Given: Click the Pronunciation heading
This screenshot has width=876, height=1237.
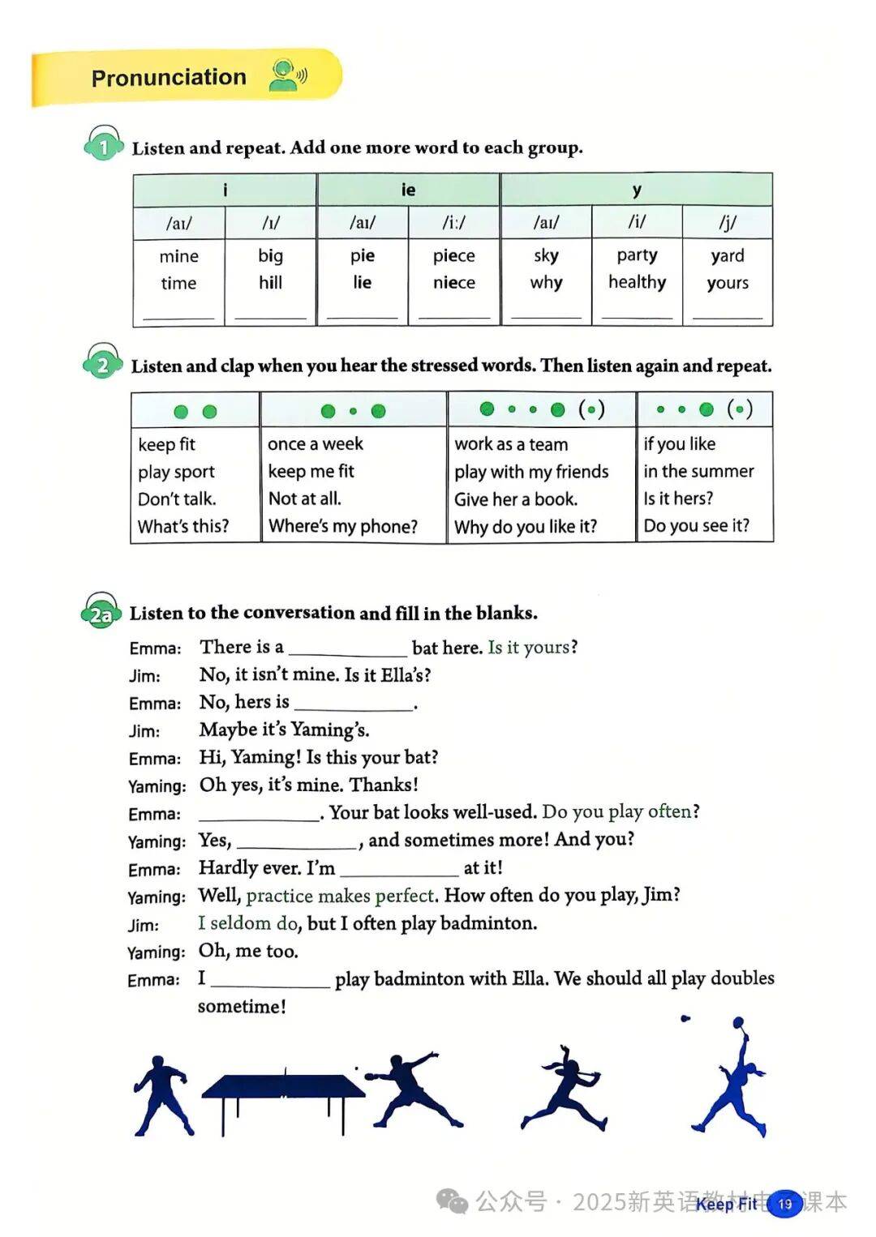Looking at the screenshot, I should click(169, 78).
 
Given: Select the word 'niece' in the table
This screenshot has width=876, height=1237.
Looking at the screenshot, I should click(454, 283).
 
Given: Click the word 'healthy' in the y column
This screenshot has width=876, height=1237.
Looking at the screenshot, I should click(637, 282).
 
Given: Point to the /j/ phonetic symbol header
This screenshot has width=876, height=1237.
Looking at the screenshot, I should click(728, 222).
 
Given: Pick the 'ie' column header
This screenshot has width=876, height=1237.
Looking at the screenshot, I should click(408, 190).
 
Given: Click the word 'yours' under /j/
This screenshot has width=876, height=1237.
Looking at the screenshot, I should click(728, 283).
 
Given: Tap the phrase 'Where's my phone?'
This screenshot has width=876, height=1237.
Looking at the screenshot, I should click(343, 526).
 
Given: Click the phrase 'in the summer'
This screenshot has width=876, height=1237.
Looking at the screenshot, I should click(698, 471).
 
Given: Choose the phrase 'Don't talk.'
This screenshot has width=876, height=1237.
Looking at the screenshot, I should click(177, 499).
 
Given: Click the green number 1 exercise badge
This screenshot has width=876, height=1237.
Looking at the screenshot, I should click(103, 147).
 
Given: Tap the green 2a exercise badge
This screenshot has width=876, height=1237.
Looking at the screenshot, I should click(101, 614).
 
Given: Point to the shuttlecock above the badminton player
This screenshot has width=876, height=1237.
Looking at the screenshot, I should click(686, 1018).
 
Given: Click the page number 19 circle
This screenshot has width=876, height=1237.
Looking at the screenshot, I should click(784, 1204).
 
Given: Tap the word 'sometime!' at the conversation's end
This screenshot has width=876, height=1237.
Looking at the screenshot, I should click(242, 1007).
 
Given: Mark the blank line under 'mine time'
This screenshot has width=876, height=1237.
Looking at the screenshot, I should click(178, 315).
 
